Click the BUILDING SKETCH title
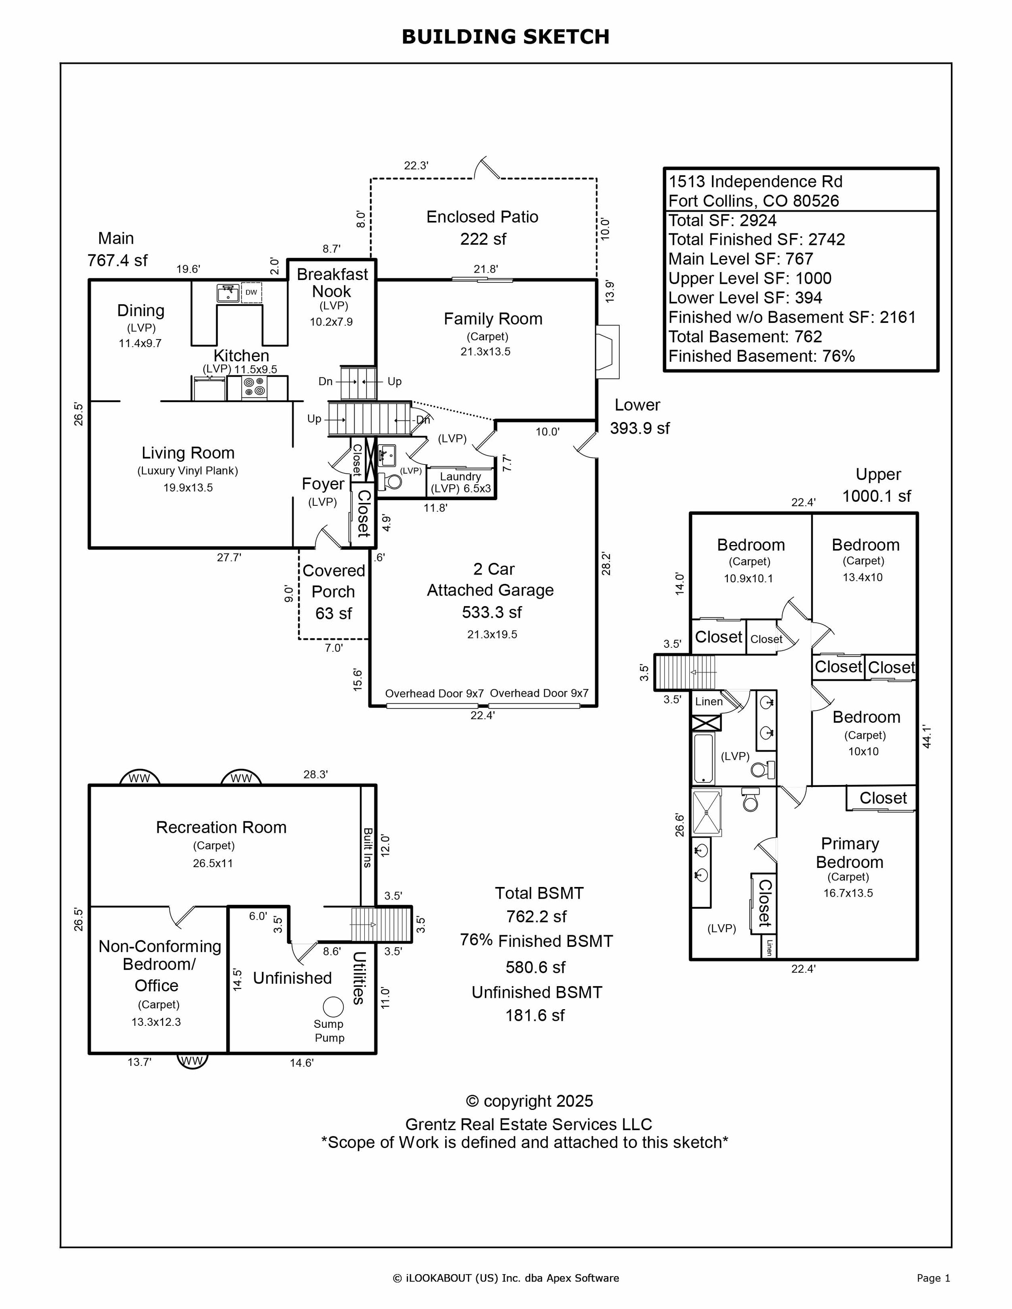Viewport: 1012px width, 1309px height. coord(506,36)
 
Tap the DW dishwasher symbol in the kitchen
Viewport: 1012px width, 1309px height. coord(251,293)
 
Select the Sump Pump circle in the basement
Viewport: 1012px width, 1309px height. coord(333,1006)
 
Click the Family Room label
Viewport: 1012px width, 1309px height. coord(493,319)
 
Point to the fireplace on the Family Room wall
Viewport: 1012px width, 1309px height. coord(608,352)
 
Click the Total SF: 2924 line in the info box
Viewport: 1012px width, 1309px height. coord(723,221)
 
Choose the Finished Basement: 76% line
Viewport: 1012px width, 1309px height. coord(761,356)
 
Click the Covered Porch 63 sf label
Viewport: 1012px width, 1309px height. coord(333,592)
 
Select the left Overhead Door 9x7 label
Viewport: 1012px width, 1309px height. coord(434,694)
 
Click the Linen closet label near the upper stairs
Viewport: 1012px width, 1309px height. coord(709,701)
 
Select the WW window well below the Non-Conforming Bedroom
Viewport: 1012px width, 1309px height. coord(192,1061)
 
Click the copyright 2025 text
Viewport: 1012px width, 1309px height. coord(529,1101)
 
